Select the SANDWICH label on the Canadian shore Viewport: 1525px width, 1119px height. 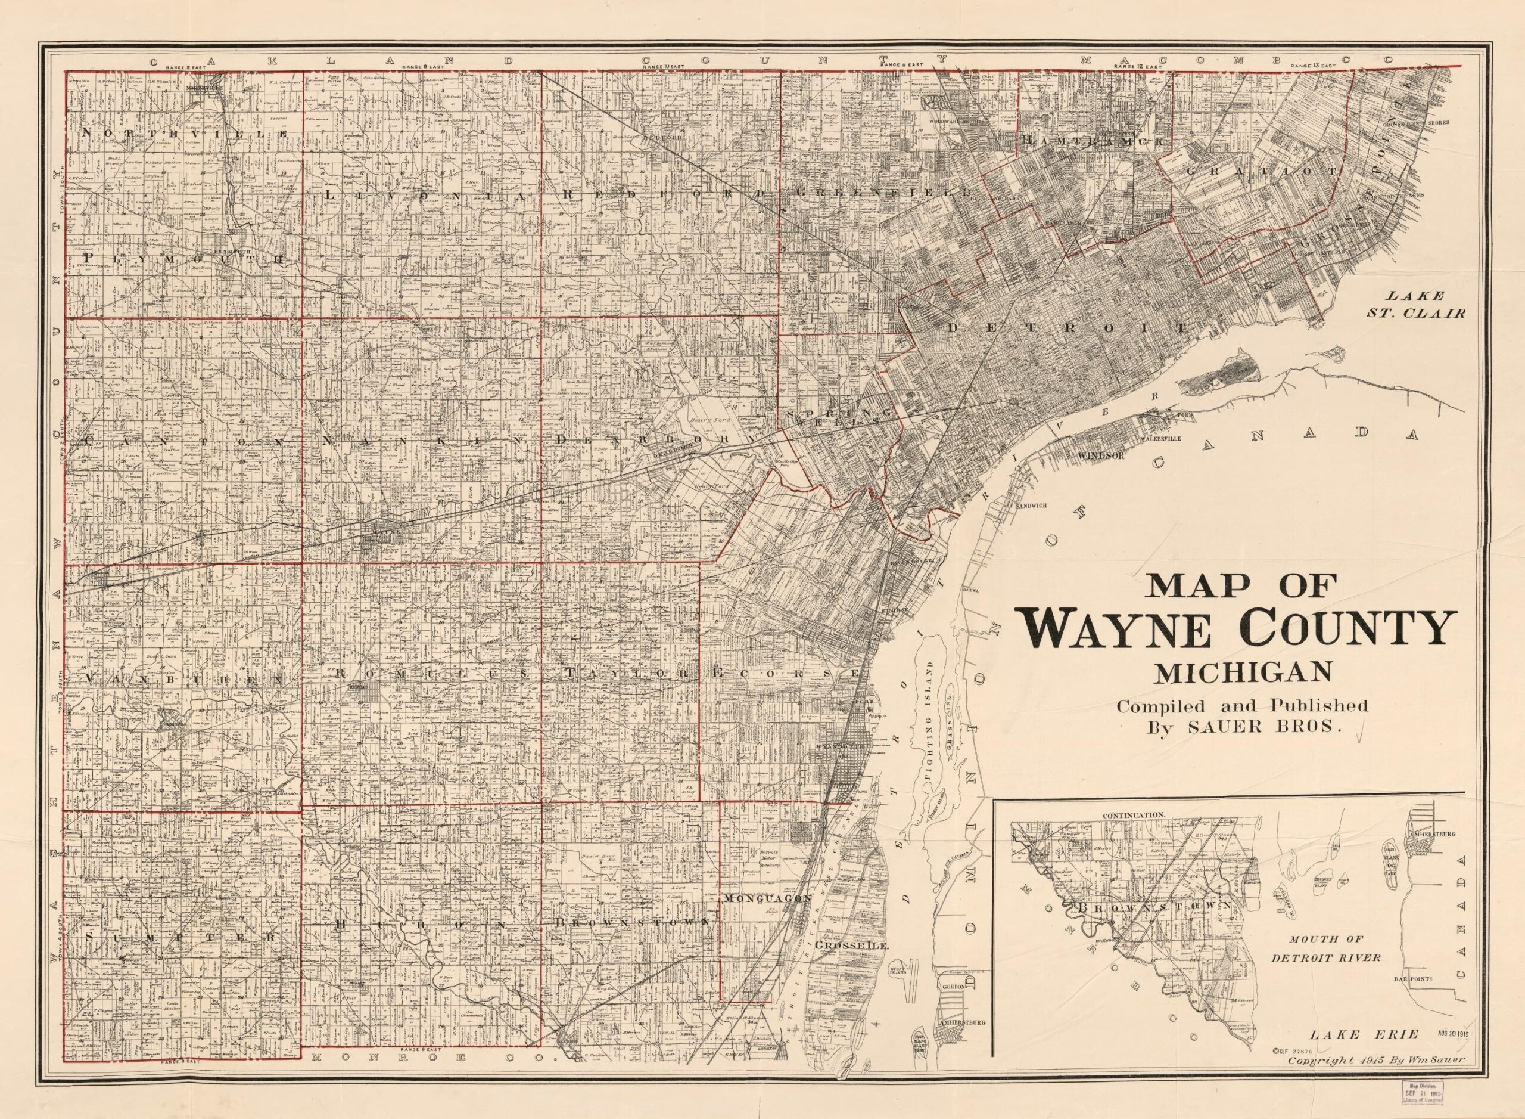[x=1031, y=506]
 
